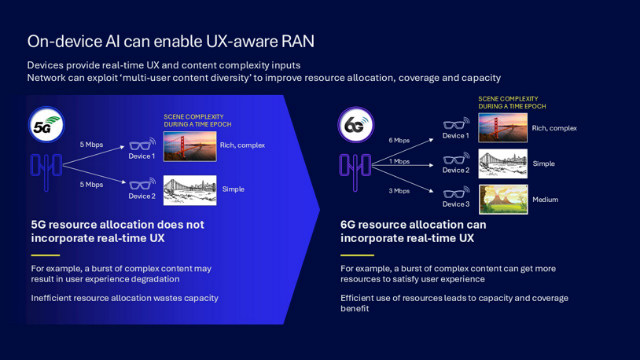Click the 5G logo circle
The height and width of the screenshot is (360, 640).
[x=46, y=126]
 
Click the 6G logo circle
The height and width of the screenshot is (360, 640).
[x=356, y=125]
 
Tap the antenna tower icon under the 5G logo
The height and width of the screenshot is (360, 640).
[x=46, y=172]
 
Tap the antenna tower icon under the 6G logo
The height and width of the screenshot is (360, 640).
[x=355, y=171]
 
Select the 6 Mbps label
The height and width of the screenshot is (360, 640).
[x=399, y=141]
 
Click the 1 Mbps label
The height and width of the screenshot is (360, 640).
[x=399, y=161]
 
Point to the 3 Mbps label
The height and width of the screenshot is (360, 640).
[x=399, y=191]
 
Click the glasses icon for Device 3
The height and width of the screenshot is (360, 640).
[x=455, y=191]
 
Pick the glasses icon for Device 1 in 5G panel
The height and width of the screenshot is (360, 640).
[x=142, y=145]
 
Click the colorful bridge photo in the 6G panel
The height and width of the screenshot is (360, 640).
[x=502, y=128]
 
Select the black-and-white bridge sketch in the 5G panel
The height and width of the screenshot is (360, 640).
[x=189, y=190]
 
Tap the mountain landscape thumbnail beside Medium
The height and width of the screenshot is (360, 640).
[x=502, y=200]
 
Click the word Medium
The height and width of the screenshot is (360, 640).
[x=545, y=200]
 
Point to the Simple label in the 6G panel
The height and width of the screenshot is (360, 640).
[x=543, y=163]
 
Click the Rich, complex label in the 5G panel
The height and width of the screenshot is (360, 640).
[x=242, y=145]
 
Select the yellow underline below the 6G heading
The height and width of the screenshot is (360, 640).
[x=357, y=255]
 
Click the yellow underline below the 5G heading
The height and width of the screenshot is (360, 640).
[x=46, y=255]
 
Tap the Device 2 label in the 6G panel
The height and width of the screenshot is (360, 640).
[x=455, y=171]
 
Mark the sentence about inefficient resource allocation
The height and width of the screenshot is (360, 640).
[x=124, y=298]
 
